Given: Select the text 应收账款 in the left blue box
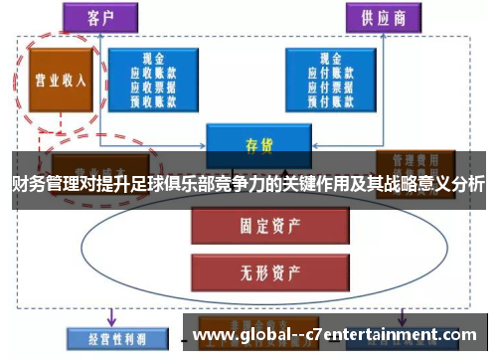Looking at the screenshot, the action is [x=154, y=73].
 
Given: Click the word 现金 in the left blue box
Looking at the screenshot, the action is [x=154, y=60].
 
